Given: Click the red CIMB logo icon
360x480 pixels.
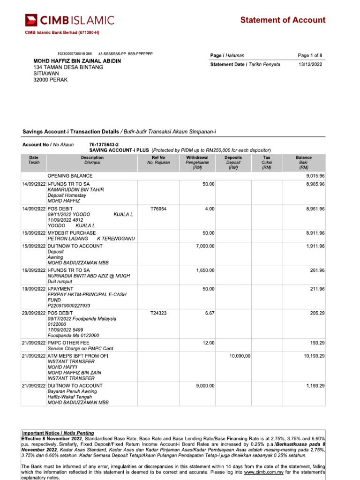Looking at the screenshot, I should [x=31, y=20].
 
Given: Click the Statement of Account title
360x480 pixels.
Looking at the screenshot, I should [x=283, y=20].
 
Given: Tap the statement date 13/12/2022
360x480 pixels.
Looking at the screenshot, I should [x=310, y=64].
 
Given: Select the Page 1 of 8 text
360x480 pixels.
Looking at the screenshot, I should [x=310, y=55].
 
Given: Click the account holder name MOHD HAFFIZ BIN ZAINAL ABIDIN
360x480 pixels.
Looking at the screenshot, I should [x=77, y=61].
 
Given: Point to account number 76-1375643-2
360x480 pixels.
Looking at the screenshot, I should [x=104, y=145].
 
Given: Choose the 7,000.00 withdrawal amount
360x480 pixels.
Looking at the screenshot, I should [x=205, y=246].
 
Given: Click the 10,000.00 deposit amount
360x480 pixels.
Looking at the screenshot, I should [x=240, y=356].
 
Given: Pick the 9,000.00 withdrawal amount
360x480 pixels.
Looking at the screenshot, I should [x=205, y=385].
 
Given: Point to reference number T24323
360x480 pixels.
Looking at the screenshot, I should [x=158, y=313].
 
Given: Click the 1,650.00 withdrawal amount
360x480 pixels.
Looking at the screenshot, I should [x=205, y=270].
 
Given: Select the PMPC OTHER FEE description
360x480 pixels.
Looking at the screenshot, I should [x=68, y=343].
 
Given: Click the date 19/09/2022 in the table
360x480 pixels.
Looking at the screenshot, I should [x=34, y=289].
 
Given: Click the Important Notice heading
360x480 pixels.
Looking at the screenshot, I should [x=58, y=432].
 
